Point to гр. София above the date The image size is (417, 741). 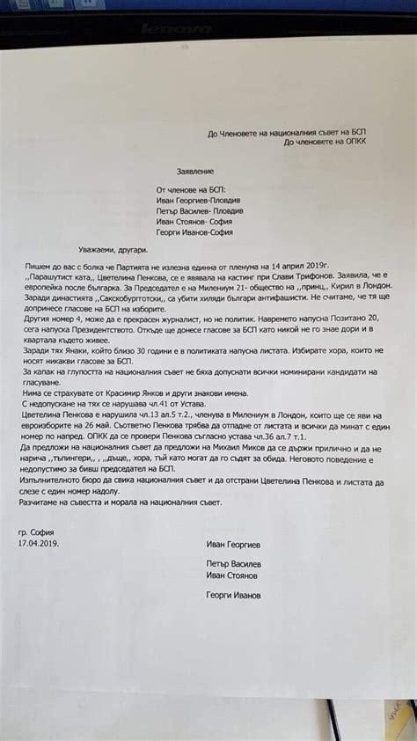[36, 532]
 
